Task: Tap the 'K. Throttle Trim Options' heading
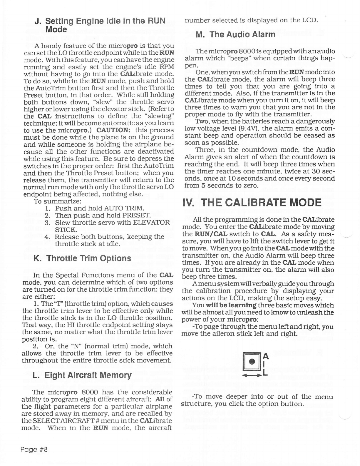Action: click(82, 258)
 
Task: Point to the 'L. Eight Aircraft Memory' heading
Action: click(82, 375)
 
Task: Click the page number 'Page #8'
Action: click(34, 450)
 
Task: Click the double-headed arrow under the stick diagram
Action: click(252, 375)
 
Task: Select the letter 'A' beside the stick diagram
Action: click(265, 356)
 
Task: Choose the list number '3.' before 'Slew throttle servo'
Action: click(47, 223)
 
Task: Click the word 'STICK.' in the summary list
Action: click(66, 230)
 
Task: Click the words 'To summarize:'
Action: click(58, 201)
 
